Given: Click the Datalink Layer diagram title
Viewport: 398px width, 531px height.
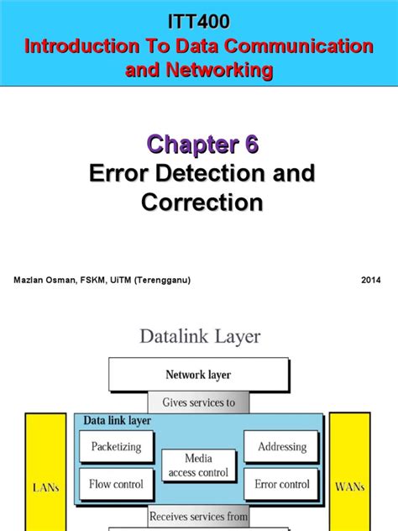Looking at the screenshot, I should [x=199, y=337].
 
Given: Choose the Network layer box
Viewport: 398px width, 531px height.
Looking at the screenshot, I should [x=199, y=374].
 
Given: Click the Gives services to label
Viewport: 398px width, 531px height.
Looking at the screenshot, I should [x=199, y=402].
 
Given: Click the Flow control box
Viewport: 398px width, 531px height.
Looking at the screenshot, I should [x=117, y=484].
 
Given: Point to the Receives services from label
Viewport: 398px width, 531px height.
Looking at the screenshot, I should [x=199, y=515].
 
